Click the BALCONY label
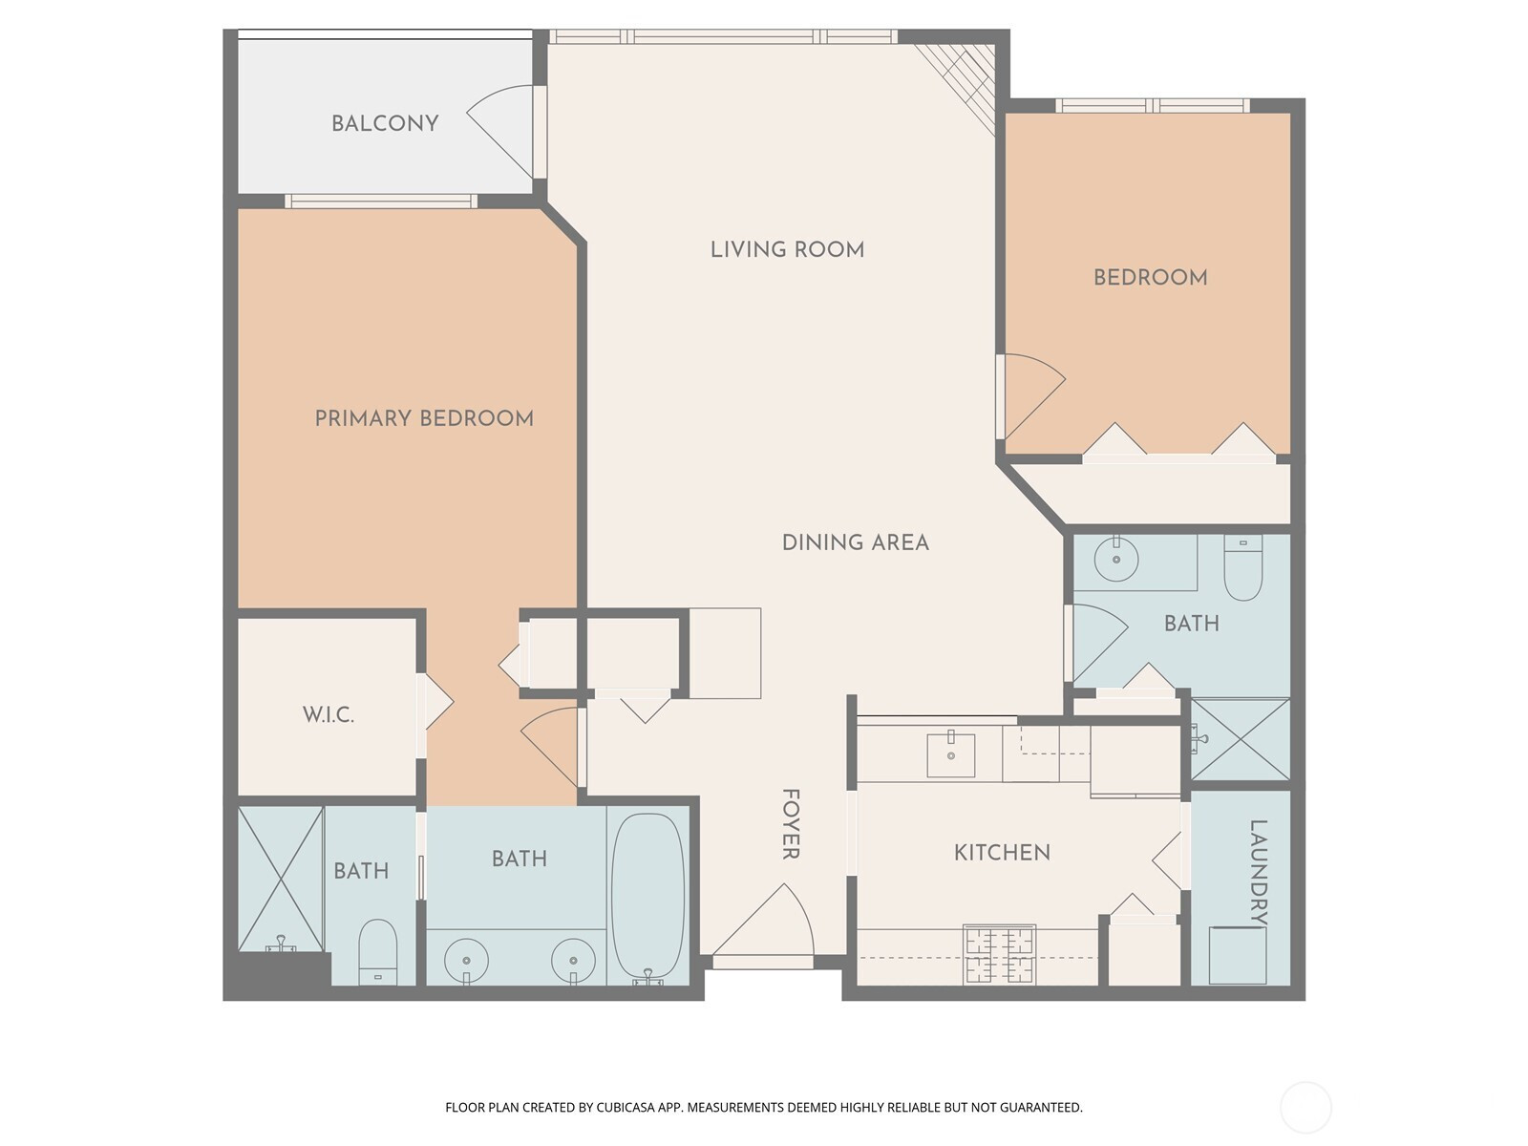tap(385, 123)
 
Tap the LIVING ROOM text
tap(787, 249)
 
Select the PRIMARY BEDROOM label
tap(424, 417)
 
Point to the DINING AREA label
tap(856, 542)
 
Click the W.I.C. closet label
tap(329, 714)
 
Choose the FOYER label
tap(790, 824)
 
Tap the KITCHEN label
tap(1002, 853)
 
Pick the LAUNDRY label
tap(1258, 873)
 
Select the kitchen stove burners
tap(1000, 954)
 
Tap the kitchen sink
tap(950, 754)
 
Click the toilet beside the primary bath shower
tap(377, 952)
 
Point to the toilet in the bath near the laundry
tap(1243, 568)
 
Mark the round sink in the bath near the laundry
tap(1115, 559)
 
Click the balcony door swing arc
tap(499, 132)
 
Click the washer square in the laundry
tap(1237, 955)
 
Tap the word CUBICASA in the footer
tap(626, 1107)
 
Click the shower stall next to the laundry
tap(1241, 739)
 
